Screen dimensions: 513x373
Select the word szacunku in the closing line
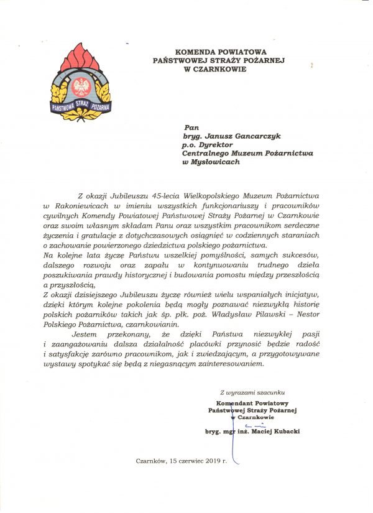[x=269, y=392]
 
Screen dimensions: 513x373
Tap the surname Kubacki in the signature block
[x=282, y=431]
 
